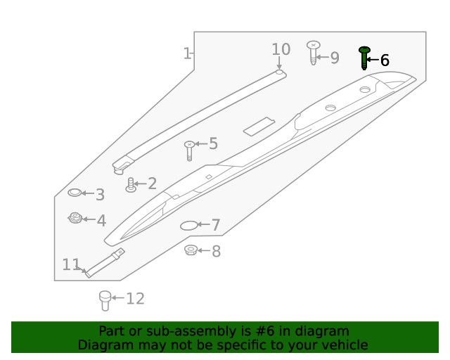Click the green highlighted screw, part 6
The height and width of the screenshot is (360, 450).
pos(364,58)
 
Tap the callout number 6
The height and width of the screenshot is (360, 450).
pos(385,60)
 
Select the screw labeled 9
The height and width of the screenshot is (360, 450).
pos(313,53)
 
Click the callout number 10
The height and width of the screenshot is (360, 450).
pos(281,49)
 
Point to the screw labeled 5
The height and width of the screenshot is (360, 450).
pos(189,149)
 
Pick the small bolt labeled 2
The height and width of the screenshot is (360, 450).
pos(130,185)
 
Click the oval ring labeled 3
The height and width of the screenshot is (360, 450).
pos(75,193)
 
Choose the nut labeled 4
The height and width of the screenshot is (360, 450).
pos(75,219)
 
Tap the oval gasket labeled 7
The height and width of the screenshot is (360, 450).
pos(189,226)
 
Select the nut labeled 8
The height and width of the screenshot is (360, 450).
pos(190,250)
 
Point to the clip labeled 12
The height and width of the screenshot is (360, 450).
pos(105,300)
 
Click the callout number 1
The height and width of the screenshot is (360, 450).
pos(187,53)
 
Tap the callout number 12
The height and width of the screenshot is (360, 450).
pos(134,299)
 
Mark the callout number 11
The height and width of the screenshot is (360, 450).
pos(70,264)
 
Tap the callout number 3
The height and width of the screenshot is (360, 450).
pos(100,195)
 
